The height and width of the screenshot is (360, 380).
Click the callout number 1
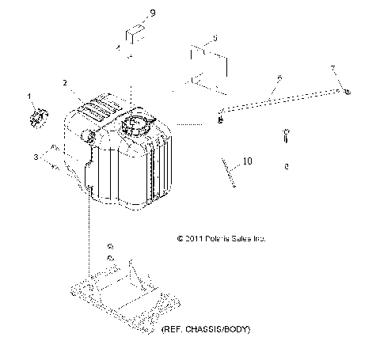(x=30, y=96)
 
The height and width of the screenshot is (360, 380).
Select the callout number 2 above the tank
(x=66, y=82)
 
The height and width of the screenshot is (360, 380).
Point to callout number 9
(x=153, y=13)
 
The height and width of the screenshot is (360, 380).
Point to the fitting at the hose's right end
(x=348, y=93)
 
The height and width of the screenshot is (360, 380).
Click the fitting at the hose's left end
(x=220, y=119)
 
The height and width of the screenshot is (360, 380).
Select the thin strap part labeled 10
(x=229, y=172)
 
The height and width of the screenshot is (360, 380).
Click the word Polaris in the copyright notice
(x=224, y=237)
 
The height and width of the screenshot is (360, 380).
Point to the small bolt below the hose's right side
(x=287, y=135)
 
